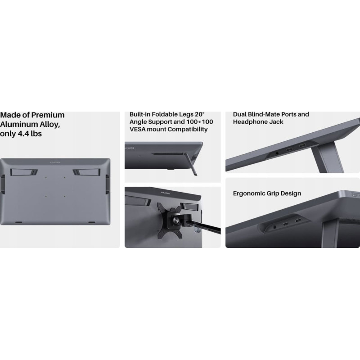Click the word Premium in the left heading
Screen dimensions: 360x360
(48, 115)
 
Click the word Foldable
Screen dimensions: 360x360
(165, 114)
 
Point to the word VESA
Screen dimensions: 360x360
(138, 129)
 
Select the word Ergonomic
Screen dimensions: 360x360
(249, 193)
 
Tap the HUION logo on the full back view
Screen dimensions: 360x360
(55, 162)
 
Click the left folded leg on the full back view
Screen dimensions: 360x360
(24, 172)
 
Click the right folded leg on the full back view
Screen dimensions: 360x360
(86, 172)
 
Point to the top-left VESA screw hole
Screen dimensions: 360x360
(46, 178)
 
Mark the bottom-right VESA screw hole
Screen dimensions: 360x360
(64, 196)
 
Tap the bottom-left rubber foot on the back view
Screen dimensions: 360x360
(18, 222)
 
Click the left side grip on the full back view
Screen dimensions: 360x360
(3, 184)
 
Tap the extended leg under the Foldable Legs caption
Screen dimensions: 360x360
(192, 164)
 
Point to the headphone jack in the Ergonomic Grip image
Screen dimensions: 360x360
(274, 227)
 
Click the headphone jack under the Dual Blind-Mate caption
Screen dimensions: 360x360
(277, 153)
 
